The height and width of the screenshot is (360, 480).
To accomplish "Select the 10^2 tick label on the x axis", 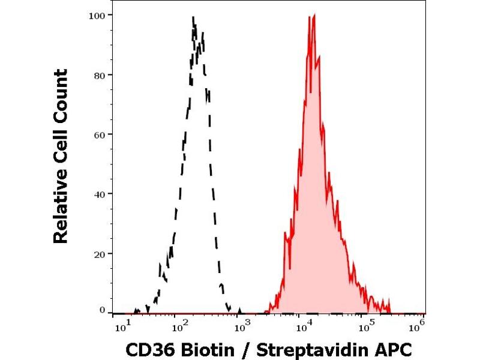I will tap(178, 325).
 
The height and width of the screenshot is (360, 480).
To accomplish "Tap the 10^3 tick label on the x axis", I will tap(242, 325).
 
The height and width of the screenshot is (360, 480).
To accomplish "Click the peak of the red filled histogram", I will tap(314, 15).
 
